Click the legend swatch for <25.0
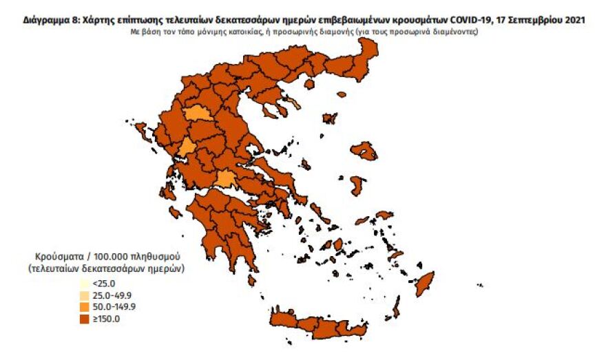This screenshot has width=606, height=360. [x=84, y=283]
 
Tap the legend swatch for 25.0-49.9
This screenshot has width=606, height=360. [x=84, y=295]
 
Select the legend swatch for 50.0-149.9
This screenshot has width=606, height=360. [x=84, y=306]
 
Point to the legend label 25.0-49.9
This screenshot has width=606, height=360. [x=112, y=295]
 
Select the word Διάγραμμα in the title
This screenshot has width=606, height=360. [x=46, y=21]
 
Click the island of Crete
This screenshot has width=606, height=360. [x=324, y=324]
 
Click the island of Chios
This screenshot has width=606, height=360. [x=357, y=185]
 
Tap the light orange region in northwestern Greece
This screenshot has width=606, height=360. [x=197, y=113]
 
